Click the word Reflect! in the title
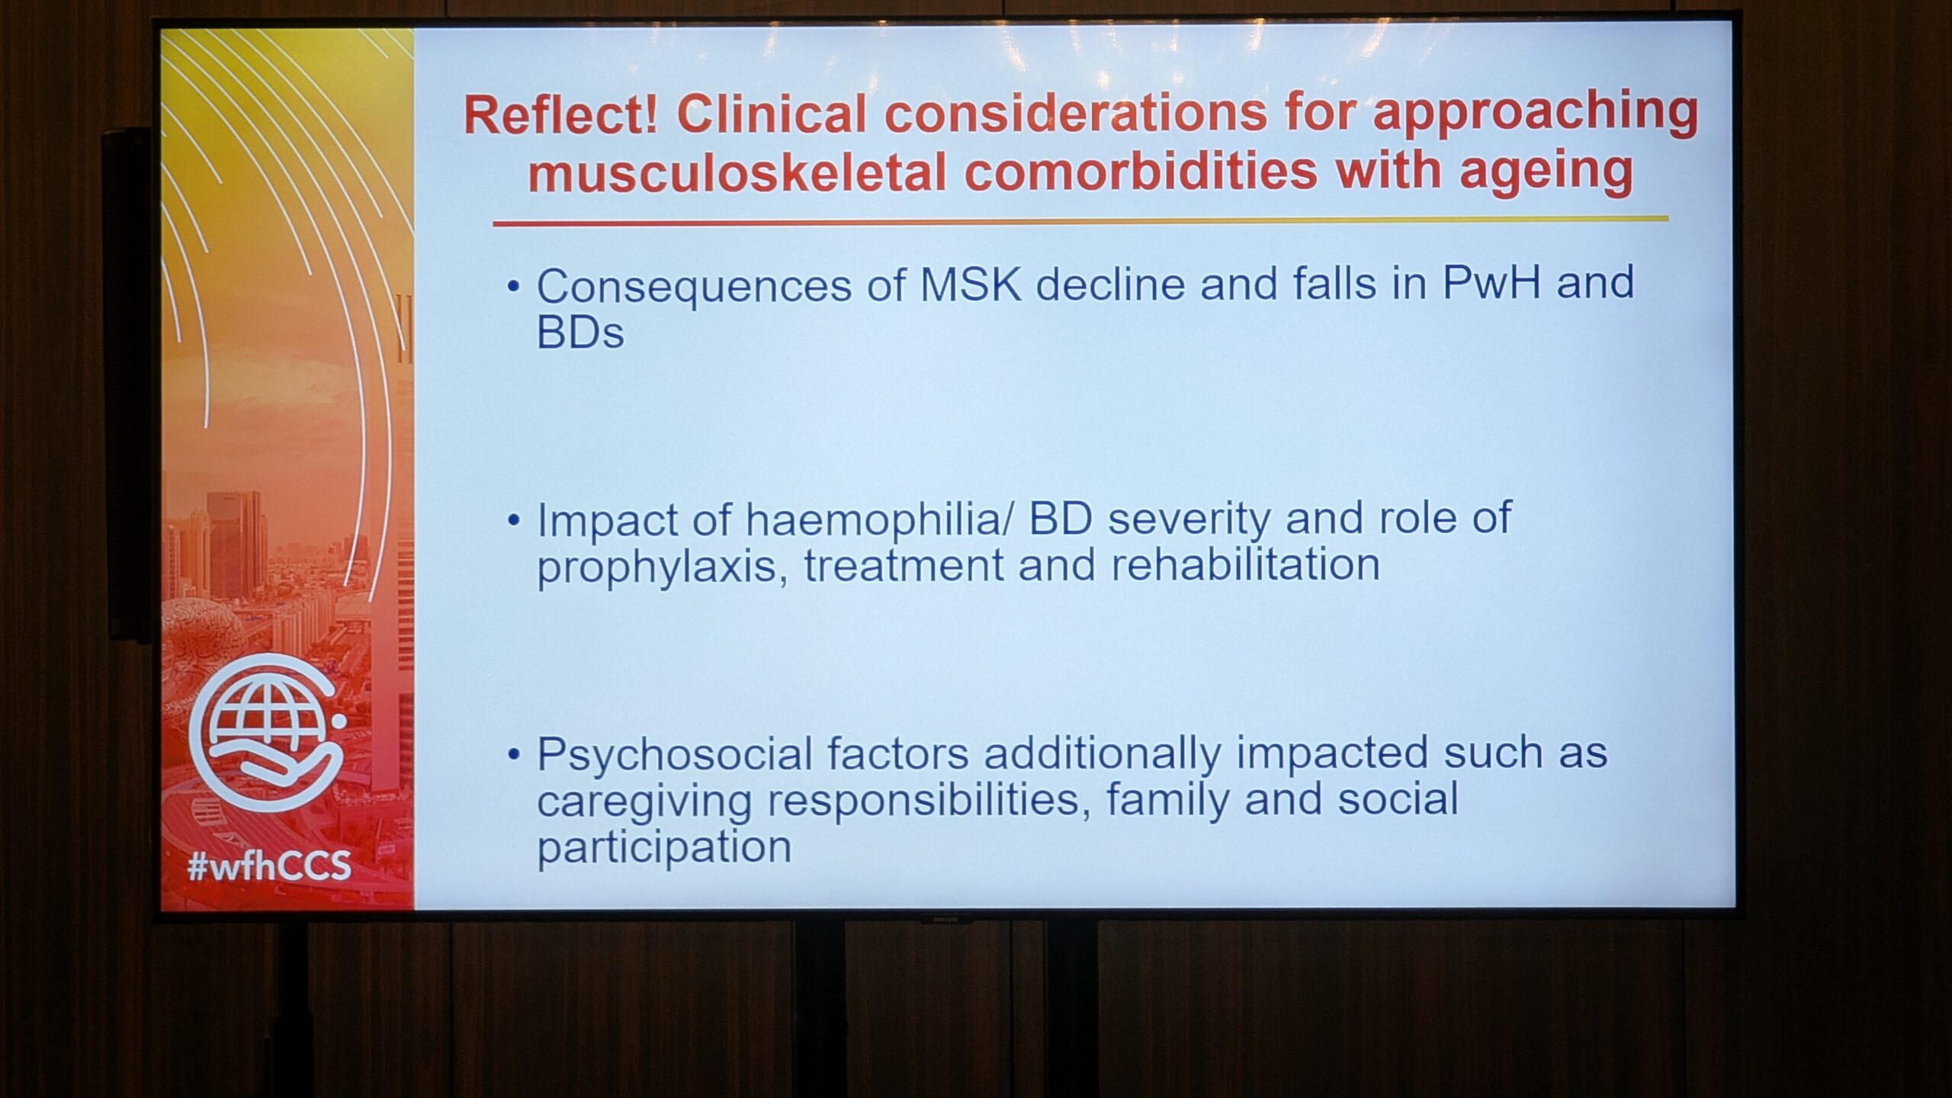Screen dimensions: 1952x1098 pyautogui.click(x=560, y=116)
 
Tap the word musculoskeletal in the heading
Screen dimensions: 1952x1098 pyautogui.click(x=737, y=172)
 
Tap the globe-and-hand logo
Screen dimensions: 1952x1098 pyautogui.click(x=267, y=732)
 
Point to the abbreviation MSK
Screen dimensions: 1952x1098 pyautogui.click(x=971, y=284)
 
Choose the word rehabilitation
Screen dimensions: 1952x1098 pyautogui.click(x=1245, y=565)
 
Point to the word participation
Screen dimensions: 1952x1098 pyautogui.click(x=664, y=849)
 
